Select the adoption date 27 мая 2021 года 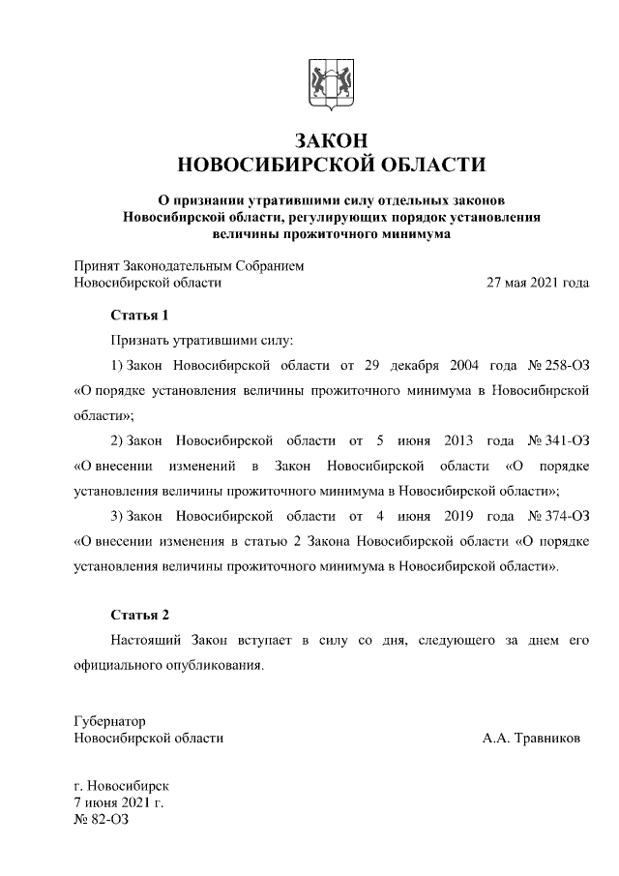(537, 283)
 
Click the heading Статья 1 (140, 316)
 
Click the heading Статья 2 (140, 616)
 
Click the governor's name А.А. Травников (532, 738)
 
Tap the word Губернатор (109, 721)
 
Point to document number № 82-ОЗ (101, 819)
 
